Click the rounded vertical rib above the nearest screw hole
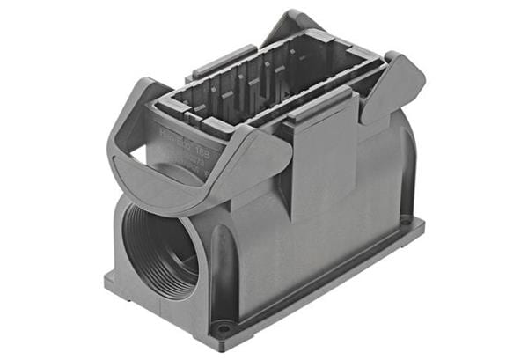click(219, 282)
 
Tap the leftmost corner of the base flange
click(106, 283)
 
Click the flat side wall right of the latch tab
click(370, 194)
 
